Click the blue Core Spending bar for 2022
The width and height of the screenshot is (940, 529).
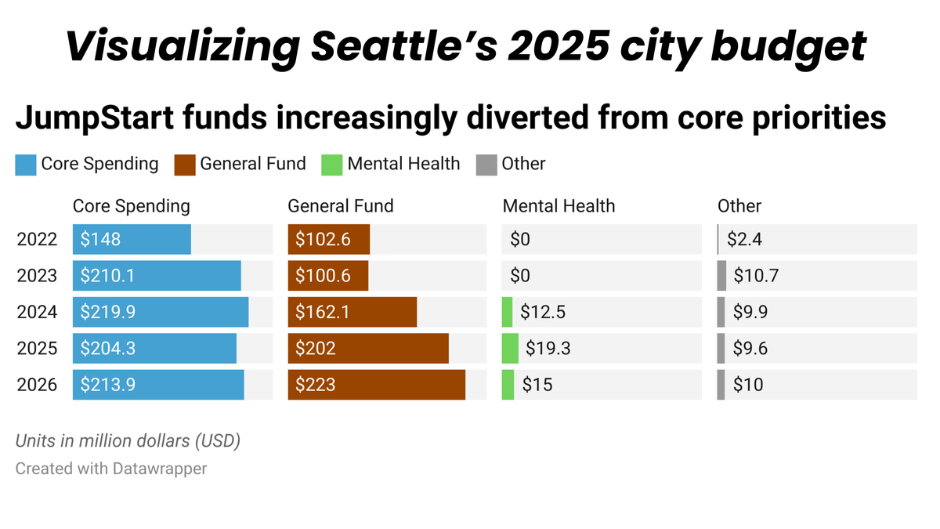coord(132,239)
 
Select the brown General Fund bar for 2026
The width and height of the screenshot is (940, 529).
coord(377,385)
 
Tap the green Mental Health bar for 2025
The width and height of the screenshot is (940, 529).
coord(510,348)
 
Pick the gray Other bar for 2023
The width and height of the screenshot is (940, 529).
coord(721,276)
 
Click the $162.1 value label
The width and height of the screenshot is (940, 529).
coord(323,312)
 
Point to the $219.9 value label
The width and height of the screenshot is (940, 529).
coord(108,312)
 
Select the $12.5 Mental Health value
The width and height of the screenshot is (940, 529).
coord(542,312)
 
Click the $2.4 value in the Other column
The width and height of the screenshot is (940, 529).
coord(744,239)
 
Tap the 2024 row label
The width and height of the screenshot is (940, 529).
coord(37,312)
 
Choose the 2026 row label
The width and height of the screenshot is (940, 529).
coord(37,385)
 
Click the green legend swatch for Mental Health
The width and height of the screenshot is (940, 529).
coord(332,165)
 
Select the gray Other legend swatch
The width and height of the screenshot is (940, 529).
coord(486,165)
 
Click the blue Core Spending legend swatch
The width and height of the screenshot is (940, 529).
coord(26,165)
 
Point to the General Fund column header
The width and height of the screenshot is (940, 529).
coord(341,206)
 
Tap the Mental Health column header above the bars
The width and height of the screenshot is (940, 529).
coord(559,206)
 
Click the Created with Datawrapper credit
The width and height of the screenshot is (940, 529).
coord(111,469)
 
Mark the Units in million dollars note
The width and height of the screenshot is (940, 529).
coord(128,441)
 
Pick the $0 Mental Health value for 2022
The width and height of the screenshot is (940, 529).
coord(520,239)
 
